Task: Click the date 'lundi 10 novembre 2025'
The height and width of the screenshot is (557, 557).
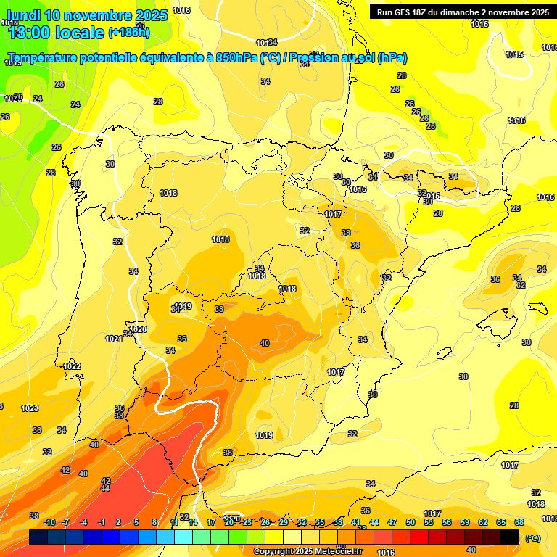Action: click(x=87, y=15)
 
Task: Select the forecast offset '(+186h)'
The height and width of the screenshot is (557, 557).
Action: click(x=129, y=33)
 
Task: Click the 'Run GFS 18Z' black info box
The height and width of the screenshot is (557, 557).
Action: click(x=461, y=12)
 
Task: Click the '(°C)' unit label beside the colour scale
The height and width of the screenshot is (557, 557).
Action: click(x=533, y=538)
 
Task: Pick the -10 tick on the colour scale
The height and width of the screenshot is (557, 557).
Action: click(x=49, y=522)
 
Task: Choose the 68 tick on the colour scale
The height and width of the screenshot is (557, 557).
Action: click(x=519, y=522)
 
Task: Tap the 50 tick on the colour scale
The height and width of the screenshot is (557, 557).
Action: click(x=410, y=522)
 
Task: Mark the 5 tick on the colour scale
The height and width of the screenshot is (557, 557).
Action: click(x=137, y=522)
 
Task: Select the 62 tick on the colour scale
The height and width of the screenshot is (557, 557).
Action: click(x=483, y=522)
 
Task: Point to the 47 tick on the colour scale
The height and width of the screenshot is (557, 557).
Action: click(x=392, y=522)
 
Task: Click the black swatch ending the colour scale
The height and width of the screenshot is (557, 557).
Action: click(x=510, y=537)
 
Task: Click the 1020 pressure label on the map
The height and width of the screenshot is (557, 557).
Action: click(x=138, y=329)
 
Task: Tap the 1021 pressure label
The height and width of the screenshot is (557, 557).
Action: click(x=114, y=339)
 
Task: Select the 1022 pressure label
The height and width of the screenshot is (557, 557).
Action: click(x=72, y=366)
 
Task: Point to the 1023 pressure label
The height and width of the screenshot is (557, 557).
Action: click(x=30, y=408)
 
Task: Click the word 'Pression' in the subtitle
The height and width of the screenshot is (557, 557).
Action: click(x=314, y=58)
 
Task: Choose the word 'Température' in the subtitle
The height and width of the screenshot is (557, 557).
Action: click(x=44, y=58)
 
